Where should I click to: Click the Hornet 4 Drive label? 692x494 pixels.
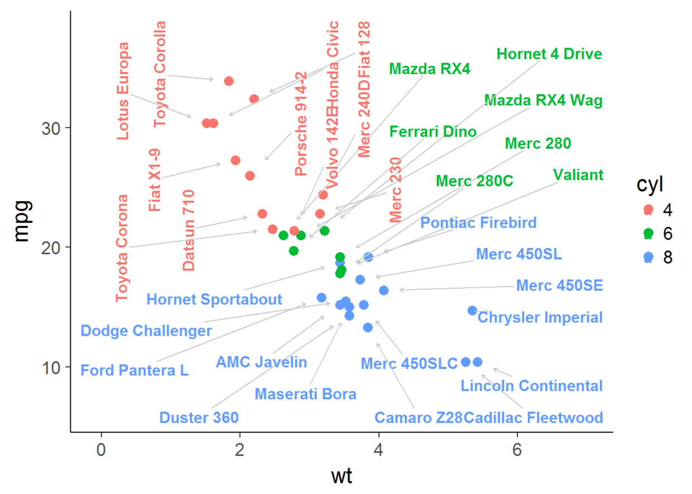click(x=549, y=54)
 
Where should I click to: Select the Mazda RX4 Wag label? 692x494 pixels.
click(x=543, y=100)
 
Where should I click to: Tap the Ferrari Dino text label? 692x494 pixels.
click(x=433, y=132)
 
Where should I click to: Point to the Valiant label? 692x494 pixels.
click(x=578, y=175)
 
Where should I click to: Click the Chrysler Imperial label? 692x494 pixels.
click(x=540, y=317)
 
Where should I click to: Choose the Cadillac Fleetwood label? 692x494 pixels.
click(x=534, y=418)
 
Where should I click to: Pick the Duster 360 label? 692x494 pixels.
click(x=199, y=418)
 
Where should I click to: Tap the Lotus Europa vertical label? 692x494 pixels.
click(x=123, y=91)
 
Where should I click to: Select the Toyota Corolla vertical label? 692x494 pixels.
click(x=160, y=74)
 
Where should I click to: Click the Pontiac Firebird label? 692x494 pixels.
click(x=478, y=223)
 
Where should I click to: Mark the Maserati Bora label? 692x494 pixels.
click(x=305, y=394)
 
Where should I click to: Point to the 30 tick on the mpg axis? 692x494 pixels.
click(x=52, y=128)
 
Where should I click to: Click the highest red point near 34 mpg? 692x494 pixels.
click(x=228, y=81)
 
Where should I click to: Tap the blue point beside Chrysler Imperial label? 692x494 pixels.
click(x=472, y=311)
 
